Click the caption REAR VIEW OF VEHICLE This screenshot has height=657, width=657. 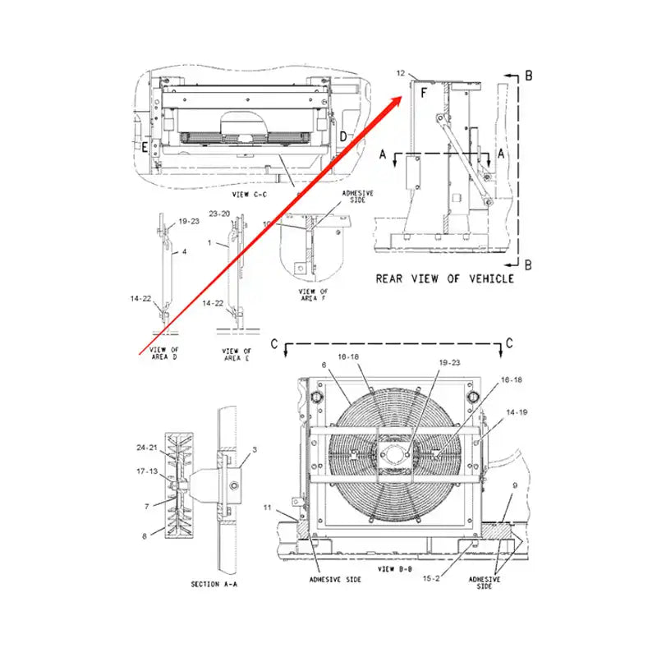click(x=444, y=278)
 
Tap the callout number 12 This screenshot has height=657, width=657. click(x=400, y=75)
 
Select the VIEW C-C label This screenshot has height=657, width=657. click(x=250, y=195)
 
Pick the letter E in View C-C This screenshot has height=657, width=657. click(x=145, y=148)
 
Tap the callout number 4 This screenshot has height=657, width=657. click(x=184, y=252)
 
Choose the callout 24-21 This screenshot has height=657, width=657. click(x=147, y=448)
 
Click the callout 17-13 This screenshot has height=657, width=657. click(x=147, y=471)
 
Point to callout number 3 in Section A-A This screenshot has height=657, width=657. click(x=255, y=449)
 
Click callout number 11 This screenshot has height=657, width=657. click(x=267, y=509)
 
